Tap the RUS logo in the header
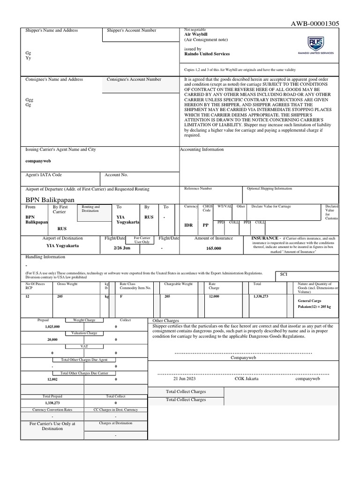[x=315, y=44]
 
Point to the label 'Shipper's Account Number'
[x=131, y=30]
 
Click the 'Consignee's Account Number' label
[x=134, y=80]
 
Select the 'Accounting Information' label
[x=202, y=150]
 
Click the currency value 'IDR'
[x=188, y=225]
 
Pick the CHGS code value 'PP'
[x=205, y=225]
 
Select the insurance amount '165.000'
[x=213, y=248]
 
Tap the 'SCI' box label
[x=283, y=274]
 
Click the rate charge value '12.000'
[x=214, y=297]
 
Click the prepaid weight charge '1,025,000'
[x=52, y=326]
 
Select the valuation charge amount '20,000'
[x=52, y=339]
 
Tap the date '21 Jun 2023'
[x=184, y=378]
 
